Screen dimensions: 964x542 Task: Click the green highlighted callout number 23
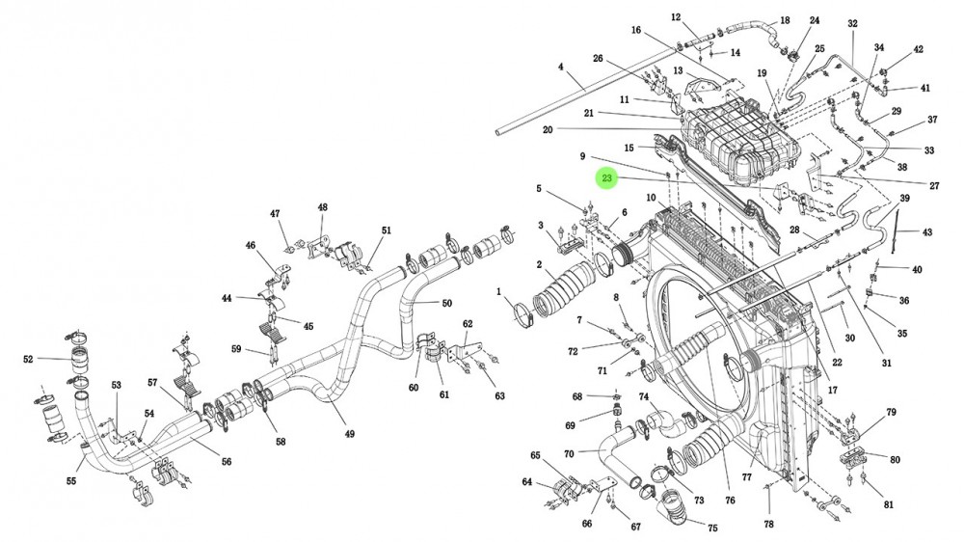[x=606, y=178]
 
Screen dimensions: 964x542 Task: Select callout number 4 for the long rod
[x=561, y=67]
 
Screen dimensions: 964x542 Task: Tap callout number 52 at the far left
[x=28, y=360]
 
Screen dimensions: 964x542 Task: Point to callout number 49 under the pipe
[x=350, y=434]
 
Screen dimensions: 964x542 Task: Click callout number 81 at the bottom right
[x=889, y=504]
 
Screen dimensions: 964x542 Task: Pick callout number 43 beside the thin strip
[x=927, y=231]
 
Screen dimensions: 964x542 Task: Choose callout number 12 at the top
[x=677, y=17]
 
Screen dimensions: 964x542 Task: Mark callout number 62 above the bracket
[x=468, y=324]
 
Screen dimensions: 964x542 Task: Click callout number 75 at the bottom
[x=712, y=528]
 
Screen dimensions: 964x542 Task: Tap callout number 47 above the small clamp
[x=275, y=213]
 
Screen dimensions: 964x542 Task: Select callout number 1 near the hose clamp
[x=499, y=291]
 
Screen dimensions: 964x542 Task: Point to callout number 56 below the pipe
[x=227, y=461]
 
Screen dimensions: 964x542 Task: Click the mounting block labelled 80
[x=853, y=458]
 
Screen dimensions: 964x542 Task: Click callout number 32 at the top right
[x=853, y=23]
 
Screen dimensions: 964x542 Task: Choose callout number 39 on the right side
[x=904, y=198]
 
